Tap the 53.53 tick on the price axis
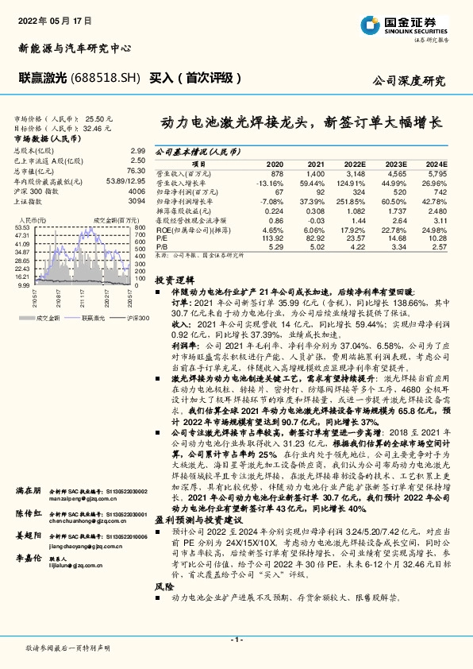[x=23, y=227]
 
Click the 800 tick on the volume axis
[x=140, y=227]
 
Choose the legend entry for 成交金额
[x=48, y=295]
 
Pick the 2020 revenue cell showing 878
[x=276, y=172]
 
